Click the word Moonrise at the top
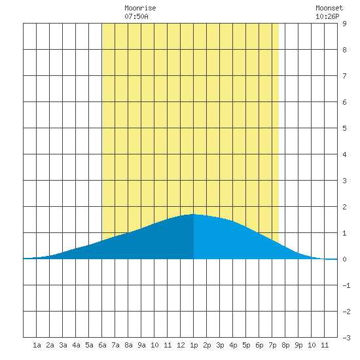(x=140, y=8)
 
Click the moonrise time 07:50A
(x=136, y=16)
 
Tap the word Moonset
(x=329, y=8)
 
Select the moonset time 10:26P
(x=327, y=16)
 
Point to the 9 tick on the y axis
(x=344, y=24)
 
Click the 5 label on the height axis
(x=344, y=128)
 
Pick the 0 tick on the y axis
(x=344, y=259)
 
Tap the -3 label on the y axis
(x=346, y=338)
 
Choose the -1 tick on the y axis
(x=346, y=285)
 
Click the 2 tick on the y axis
(x=344, y=207)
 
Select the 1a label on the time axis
(x=37, y=345)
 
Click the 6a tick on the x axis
(x=102, y=345)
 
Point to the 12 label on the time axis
(x=181, y=345)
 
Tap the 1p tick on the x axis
(x=194, y=345)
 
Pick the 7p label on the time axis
(x=272, y=345)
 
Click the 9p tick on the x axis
(x=298, y=345)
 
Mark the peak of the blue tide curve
(x=194, y=214)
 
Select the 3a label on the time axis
(x=63, y=345)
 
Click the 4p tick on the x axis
(x=233, y=345)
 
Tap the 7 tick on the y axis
(x=344, y=76)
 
